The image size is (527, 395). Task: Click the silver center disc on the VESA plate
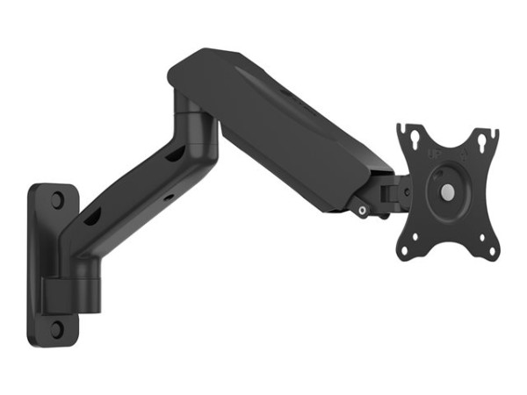coord(448,190)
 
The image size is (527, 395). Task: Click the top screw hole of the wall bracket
coord(57,199)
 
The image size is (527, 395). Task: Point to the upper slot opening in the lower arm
coord(174,155)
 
